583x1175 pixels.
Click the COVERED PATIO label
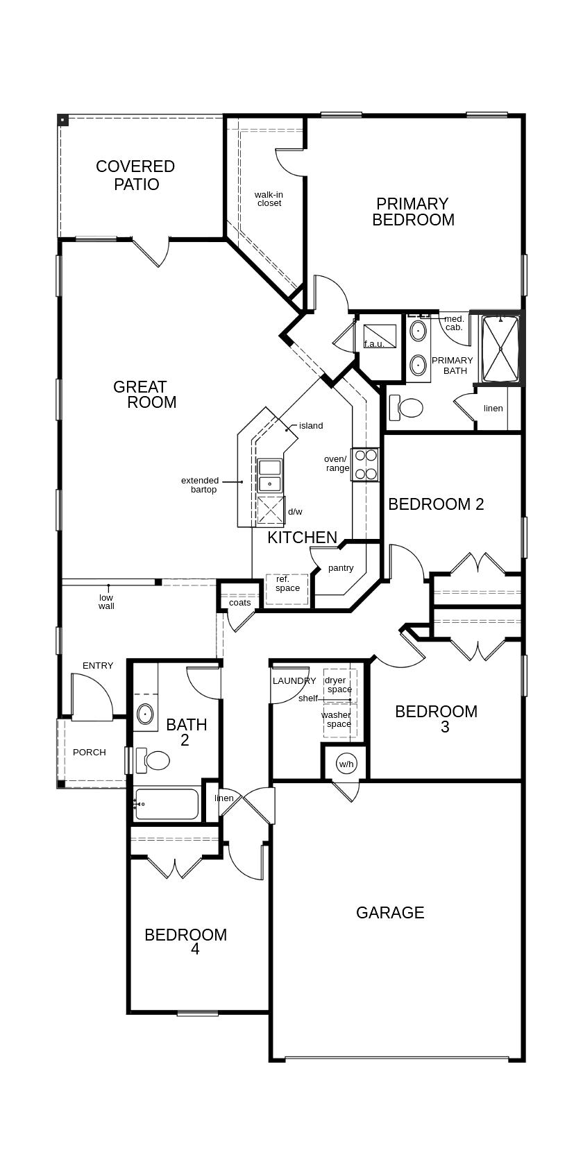click(x=135, y=175)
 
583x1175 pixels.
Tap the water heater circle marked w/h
click(x=346, y=764)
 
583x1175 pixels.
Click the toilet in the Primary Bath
click(x=405, y=407)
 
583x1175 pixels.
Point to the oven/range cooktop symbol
click(x=364, y=464)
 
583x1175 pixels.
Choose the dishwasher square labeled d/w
click(x=271, y=511)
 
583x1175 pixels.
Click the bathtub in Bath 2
click(x=167, y=804)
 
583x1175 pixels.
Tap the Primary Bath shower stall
click(x=500, y=348)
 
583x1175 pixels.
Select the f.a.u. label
click(x=374, y=344)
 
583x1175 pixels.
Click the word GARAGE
click(x=390, y=912)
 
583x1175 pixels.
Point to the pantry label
click(x=341, y=568)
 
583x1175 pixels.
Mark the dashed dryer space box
click(x=339, y=685)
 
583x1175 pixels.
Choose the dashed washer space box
click(x=339, y=720)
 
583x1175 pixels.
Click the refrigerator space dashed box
click(x=287, y=590)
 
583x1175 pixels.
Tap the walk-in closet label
click(x=269, y=199)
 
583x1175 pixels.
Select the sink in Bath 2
click(x=145, y=714)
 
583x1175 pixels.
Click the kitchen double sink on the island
click(x=270, y=475)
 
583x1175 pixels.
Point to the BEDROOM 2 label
click(x=436, y=504)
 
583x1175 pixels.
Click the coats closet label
click(x=240, y=603)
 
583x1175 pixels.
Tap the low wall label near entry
click(x=106, y=601)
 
